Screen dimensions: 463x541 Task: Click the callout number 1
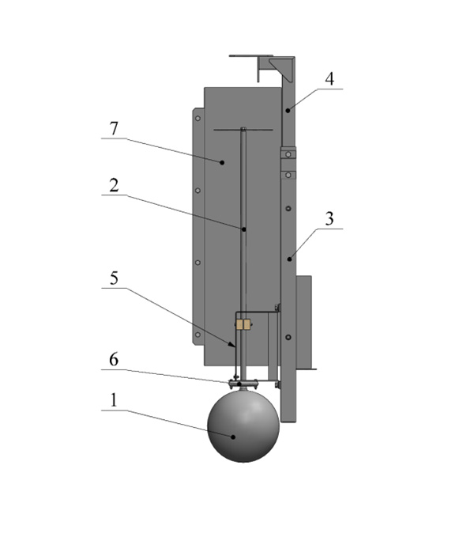pyautogui.click(x=114, y=400)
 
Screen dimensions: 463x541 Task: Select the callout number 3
pyautogui.click(x=329, y=218)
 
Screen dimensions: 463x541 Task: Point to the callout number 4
pyautogui.click(x=329, y=78)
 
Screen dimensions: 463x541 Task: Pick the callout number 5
pyautogui.click(x=114, y=278)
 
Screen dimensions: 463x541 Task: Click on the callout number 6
pyautogui.click(x=114, y=360)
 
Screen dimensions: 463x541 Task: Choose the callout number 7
pyautogui.click(x=114, y=128)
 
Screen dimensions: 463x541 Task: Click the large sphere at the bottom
pyautogui.click(x=243, y=426)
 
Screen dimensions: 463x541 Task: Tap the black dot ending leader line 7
pyautogui.click(x=222, y=162)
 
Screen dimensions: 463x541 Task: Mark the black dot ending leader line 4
pyautogui.click(x=288, y=111)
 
